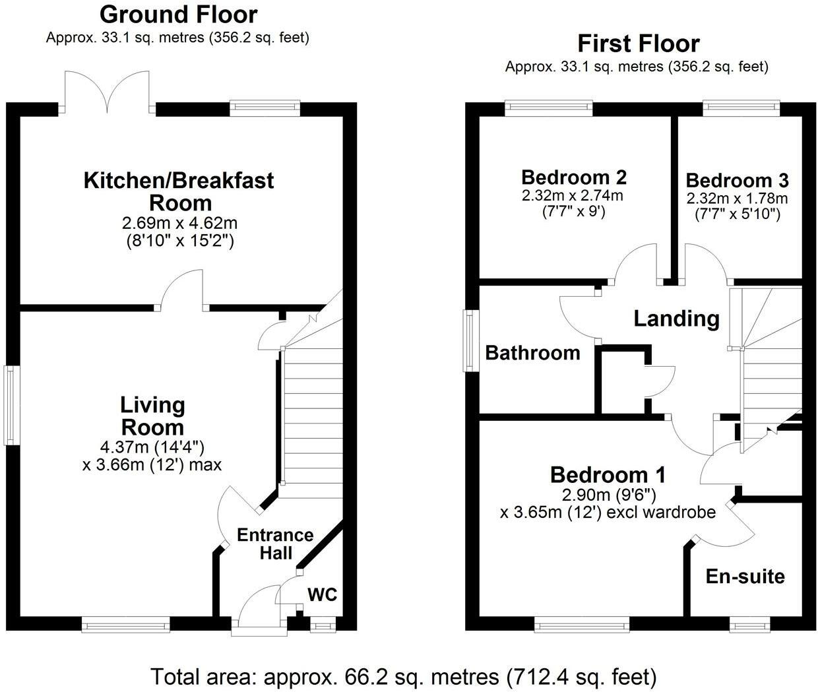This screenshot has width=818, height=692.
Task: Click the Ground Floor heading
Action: pos(178,14)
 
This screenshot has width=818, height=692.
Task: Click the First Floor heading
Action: pos(638,44)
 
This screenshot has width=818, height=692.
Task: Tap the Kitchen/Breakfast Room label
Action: pos(178,191)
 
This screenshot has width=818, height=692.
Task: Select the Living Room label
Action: pos(152,416)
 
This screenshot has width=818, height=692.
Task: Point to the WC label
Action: pos(322,595)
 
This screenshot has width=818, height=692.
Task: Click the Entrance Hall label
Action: pos(275,544)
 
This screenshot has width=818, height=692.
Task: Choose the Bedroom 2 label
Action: pos(573,177)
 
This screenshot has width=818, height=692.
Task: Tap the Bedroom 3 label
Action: pos(737,180)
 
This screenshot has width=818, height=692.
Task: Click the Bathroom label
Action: pos(532,353)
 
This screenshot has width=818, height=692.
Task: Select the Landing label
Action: pos(676,319)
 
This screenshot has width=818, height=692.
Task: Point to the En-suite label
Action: pos(745,577)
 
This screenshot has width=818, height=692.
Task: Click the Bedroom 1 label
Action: pos(608,475)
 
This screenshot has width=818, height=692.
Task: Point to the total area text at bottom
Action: pos(404,677)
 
